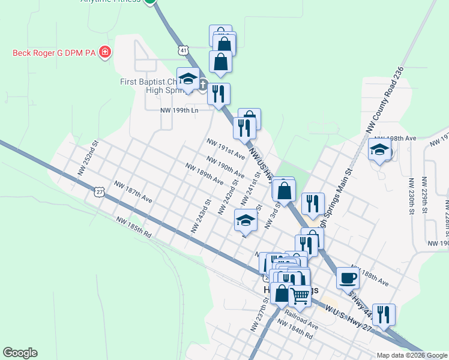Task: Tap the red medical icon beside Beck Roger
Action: (x=106, y=53)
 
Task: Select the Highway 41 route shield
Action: (x=183, y=50)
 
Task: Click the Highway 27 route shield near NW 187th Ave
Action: (x=100, y=191)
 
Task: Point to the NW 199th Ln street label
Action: (x=179, y=110)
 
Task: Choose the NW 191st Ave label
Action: (x=226, y=149)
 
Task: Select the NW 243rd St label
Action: (x=201, y=216)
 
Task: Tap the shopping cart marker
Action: (x=300, y=295)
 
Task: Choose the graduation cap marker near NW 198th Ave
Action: (x=379, y=150)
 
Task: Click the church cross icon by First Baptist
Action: (x=203, y=85)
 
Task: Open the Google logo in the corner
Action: (x=20, y=353)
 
